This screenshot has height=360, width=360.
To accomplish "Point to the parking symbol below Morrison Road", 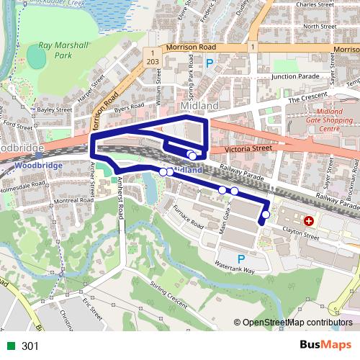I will tap(210, 63).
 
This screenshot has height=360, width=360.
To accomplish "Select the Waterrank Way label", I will tap(239, 270).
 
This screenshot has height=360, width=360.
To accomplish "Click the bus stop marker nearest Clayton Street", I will tap(266, 215).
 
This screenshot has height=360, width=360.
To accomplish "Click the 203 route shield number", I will tap(151, 63).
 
